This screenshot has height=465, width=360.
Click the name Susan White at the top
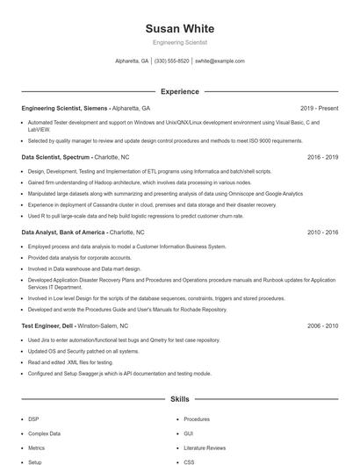point(179,27)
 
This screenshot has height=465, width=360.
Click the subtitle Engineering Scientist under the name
point(179,42)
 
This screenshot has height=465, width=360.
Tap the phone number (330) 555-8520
point(171,61)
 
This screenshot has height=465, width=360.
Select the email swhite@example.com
point(220,61)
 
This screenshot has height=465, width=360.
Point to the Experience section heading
point(179,91)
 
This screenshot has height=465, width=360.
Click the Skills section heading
point(179,399)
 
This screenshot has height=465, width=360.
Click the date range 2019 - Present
point(319,108)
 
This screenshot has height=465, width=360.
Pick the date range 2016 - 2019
point(322,157)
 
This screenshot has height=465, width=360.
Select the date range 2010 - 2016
point(322,232)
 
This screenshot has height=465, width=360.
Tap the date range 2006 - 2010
point(322,325)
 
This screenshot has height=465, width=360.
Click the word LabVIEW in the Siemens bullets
point(38,128)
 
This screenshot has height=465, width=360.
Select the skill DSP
point(33,419)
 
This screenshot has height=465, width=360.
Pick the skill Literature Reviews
point(205,447)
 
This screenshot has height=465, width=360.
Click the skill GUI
point(188,433)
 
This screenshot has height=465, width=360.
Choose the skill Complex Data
point(44,433)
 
